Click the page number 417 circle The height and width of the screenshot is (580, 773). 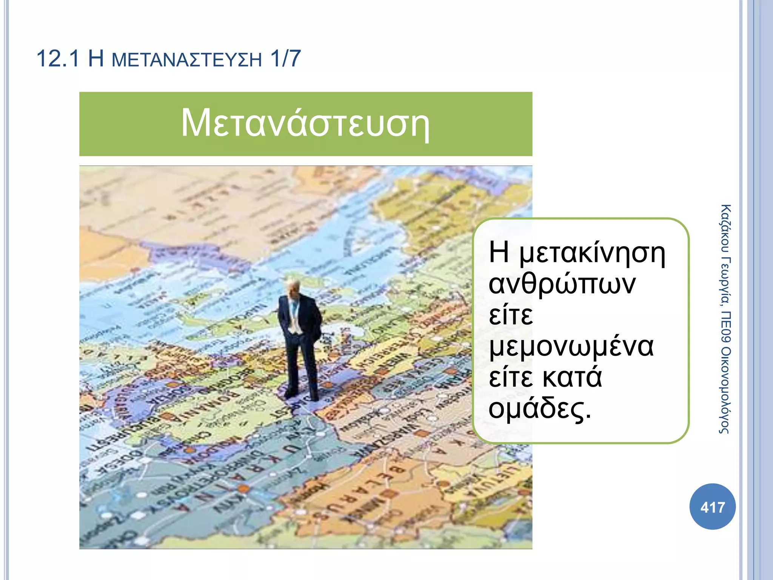712,507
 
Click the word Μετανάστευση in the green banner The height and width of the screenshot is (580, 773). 305,123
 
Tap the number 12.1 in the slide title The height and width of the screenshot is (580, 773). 58,59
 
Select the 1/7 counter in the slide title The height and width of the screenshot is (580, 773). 285,59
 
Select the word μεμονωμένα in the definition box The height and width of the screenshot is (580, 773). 571,347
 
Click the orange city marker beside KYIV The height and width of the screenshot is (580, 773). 244,489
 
